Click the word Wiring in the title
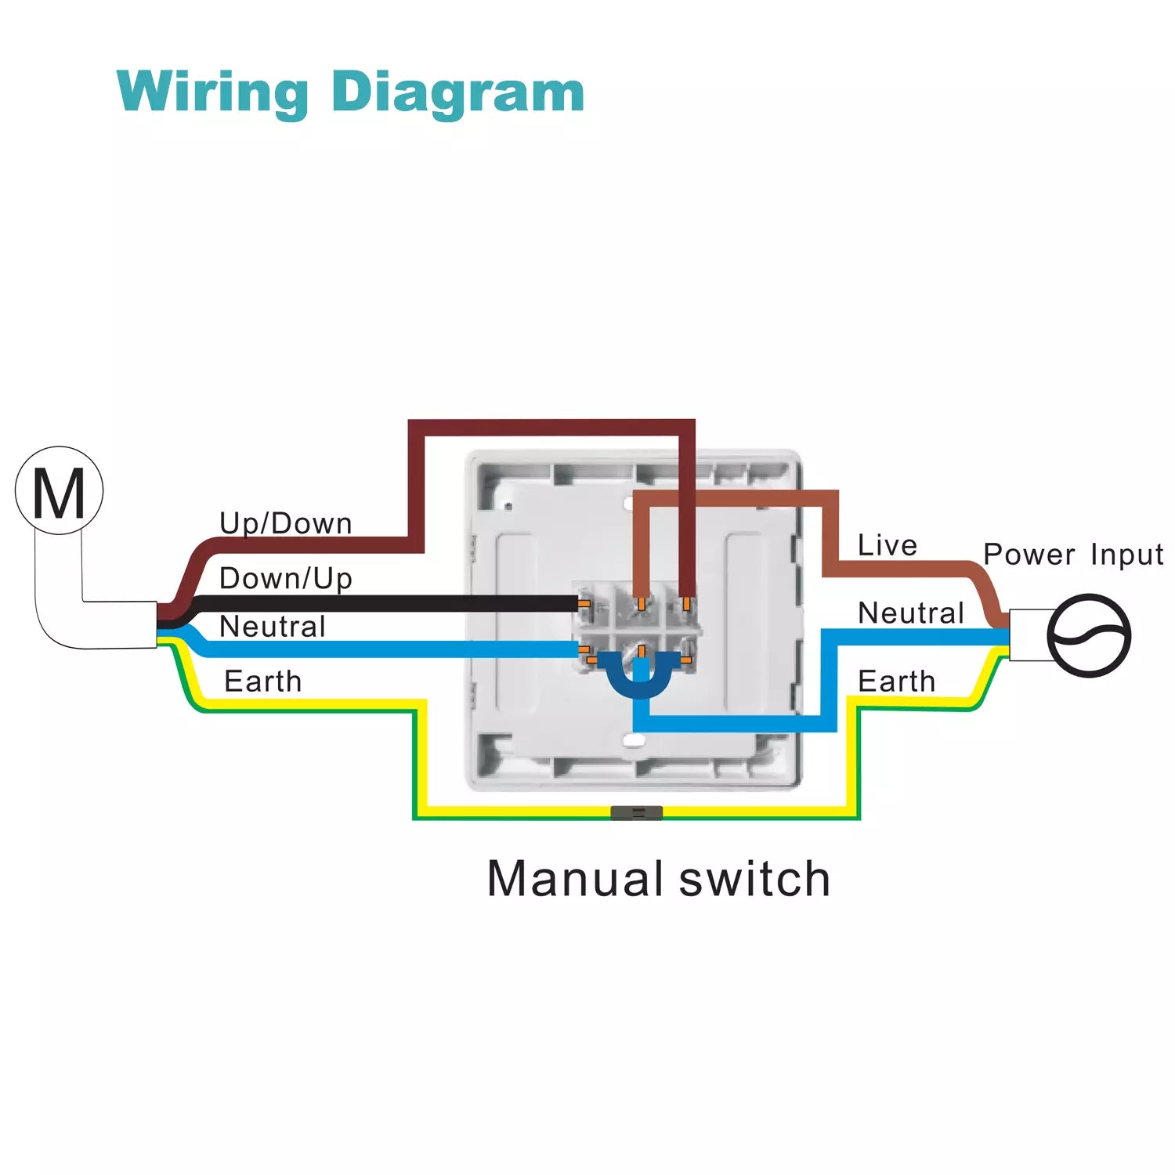click(x=212, y=92)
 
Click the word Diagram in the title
click(x=458, y=92)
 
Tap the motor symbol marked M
click(x=60, y=491)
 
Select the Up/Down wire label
click(x=286, y=523)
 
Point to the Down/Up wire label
click(x=286, y=578)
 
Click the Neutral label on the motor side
click(x=273, y=627)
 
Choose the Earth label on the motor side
click(x=263, y=681)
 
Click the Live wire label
click(x=888, y=545)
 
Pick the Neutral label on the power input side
click(x=911, y=613)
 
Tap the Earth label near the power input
click(x=897, y=681)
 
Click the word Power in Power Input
click(x=1029, y=555)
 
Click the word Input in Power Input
click(x=1127, y=555)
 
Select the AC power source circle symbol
click(x=1089, y=635)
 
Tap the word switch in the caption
click(x=754, y=878)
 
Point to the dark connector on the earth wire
click(x=636, y=812)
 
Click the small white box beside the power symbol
click(x=1028, y=635)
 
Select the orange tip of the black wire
click(x=584, y=604)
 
